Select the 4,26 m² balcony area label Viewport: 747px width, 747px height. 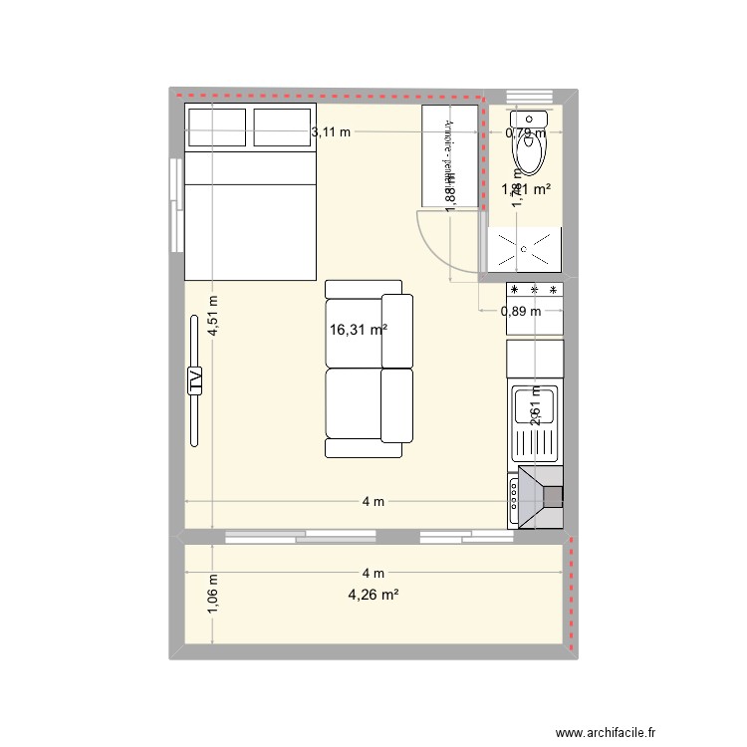point(373,596)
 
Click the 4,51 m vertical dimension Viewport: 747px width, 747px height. point(213,318)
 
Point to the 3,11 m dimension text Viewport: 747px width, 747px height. point(331,131)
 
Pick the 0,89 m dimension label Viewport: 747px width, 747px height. point(521,311)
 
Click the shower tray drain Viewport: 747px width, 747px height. point(520,248)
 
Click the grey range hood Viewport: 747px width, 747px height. point(538,496)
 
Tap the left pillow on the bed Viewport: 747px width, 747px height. point(216,124)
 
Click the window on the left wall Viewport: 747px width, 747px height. point(176,207)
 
